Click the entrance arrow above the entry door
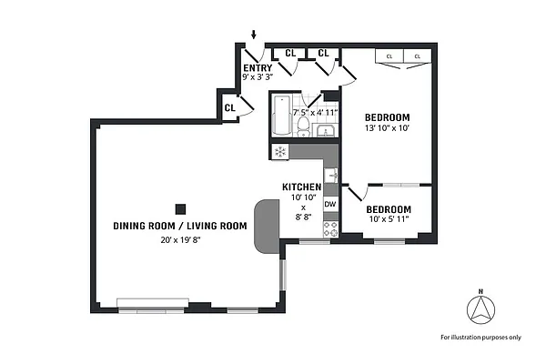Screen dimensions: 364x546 (x=254, y=35)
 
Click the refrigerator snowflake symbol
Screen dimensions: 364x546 (x=280, y=151)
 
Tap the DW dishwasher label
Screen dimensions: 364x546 (x=330, y=204)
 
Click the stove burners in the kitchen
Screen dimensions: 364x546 (x=331, y=228)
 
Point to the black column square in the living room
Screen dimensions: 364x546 (x=180, y=207)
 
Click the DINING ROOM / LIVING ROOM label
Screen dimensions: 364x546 (x=180, y=226)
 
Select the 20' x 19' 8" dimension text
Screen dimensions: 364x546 (x=180, y=240)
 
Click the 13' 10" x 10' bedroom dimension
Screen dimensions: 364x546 (x=387, y=129)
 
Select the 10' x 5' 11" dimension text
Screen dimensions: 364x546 (x=389, y=219)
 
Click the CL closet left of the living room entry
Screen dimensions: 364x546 (x=230, y=107)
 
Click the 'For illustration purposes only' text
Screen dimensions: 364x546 (x=480, y=337)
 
